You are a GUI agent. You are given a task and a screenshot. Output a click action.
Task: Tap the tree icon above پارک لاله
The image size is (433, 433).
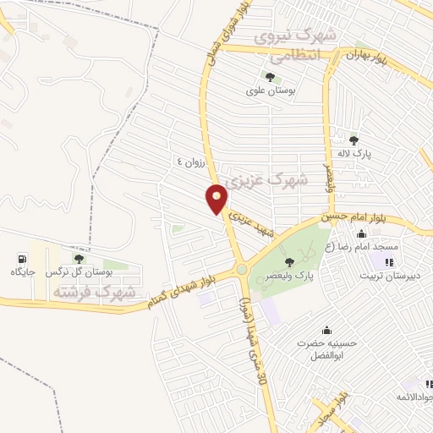[x=354, y=140]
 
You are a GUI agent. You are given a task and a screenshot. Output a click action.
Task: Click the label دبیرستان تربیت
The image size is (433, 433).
[x=388, y=275]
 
